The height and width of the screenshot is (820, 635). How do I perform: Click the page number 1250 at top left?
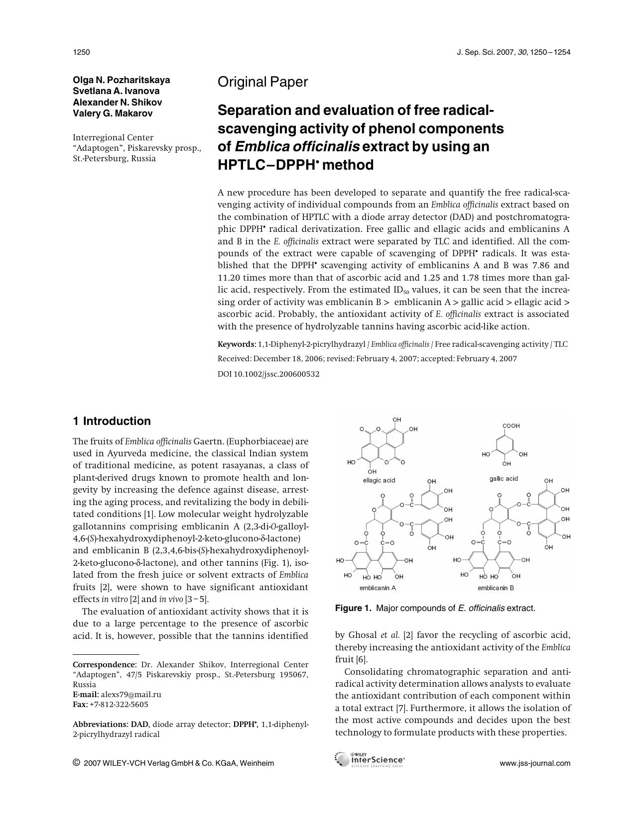pyautogui.click(x=81, y=52)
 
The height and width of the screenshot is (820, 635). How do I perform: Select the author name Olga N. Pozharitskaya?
pyautogui.click(x=121, y=80)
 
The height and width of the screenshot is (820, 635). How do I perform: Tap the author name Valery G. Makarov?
pyautogui.click(x=113, y=113)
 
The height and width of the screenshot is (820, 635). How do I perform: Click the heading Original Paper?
pyautogui.click(x=262, y=82)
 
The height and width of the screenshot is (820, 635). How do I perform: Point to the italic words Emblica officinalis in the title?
pyautogui.click(x=297, y=147)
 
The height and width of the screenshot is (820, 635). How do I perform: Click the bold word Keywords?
pyautogui.click(x=236, y=344)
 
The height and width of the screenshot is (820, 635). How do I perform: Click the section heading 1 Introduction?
pyautogui.click(x=112, y=421)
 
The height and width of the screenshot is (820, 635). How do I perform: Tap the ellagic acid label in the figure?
pyautogui.click(x=379, y=480)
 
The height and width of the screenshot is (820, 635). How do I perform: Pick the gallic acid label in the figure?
pyautogui.click(x=504, y=479)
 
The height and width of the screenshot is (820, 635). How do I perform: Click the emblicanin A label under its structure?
pyautogui.click(x=378, y=588)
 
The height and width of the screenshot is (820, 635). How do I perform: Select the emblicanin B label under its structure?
pyautogui.click(x=496, y=588)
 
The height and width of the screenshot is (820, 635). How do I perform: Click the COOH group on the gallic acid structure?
pyautogui.click(x=510, y=426)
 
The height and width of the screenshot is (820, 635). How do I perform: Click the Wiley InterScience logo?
pyautogui.click(x=370, y=760)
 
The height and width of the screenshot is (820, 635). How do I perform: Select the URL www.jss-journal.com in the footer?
pyautogui.click(x=535, y=763)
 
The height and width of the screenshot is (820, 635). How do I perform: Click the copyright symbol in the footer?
pyautogui.click(x=76, y=763)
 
